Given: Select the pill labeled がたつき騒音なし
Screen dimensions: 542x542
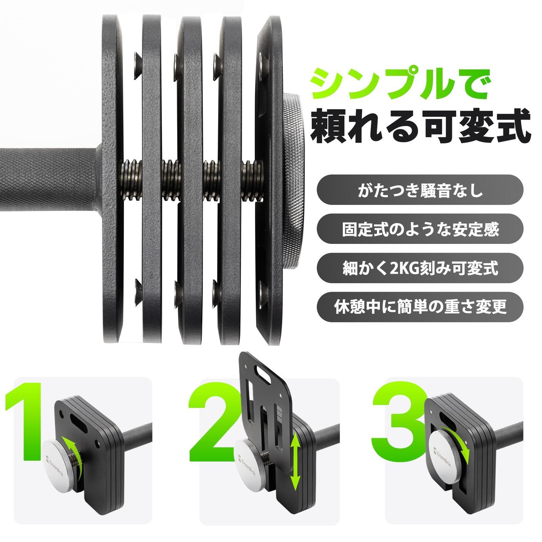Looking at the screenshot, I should tap(420, 192).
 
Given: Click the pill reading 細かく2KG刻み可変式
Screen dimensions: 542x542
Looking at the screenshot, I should tap(420, 268).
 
